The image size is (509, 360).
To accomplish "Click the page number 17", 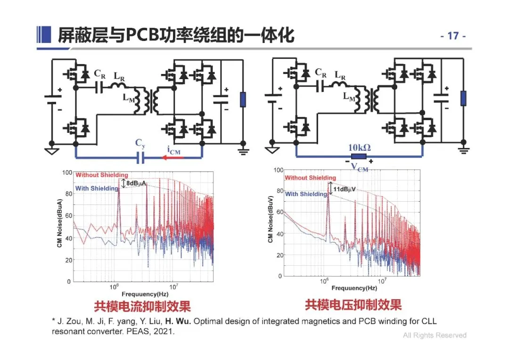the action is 453,36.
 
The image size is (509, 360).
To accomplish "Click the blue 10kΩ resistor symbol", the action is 359,157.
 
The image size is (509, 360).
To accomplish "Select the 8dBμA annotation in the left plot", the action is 137,182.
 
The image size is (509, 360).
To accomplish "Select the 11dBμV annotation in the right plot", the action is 346,189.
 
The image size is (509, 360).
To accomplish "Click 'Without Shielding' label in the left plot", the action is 101,175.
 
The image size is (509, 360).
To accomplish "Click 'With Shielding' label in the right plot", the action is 306,194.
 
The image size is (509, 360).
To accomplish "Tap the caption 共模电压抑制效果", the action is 353,305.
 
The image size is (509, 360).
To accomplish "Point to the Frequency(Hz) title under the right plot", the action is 354,288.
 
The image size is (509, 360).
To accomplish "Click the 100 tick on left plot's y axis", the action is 67,173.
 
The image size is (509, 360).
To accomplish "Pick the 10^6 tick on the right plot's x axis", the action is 324,281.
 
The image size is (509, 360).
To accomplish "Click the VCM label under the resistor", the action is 360,167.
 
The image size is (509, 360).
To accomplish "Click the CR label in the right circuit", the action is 320,73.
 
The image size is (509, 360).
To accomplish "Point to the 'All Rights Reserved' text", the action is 434,335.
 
